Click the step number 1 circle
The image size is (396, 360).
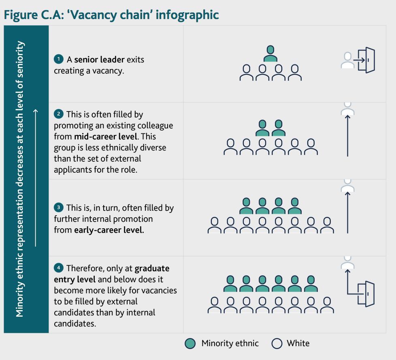pos(59,59)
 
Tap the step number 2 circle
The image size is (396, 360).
pos(59,114)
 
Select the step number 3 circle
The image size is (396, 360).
pos(59,208)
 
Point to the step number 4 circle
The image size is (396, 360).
pos(59,268)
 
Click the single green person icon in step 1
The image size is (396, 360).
pos(270,53)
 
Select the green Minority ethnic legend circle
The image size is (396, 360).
pos(190,343)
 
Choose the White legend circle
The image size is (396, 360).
pos(277,343)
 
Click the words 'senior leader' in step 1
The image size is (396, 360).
pos(99,60)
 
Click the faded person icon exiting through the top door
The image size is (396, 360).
pos(347,60)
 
